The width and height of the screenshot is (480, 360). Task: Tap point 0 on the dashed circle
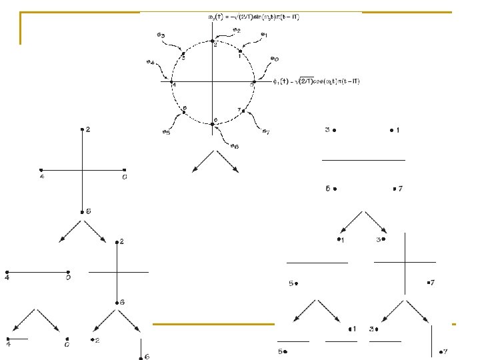(253, 83)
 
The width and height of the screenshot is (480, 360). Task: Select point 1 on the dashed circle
(240, 51)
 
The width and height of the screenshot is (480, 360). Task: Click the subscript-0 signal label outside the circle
(274, 59)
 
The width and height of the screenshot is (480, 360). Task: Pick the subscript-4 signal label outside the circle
(153, 63)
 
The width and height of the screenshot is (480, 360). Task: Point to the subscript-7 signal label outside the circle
(265, 131)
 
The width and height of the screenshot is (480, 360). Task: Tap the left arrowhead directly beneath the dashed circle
(194, 171)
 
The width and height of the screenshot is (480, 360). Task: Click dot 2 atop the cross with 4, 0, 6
(81, 129)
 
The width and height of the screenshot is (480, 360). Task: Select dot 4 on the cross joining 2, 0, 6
(41, 170)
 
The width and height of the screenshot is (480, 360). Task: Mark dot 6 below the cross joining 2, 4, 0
(81, 211)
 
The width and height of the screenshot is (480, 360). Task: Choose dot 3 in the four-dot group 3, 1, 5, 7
(335, 130)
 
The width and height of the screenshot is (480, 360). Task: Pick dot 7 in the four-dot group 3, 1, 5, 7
(392, 189)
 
